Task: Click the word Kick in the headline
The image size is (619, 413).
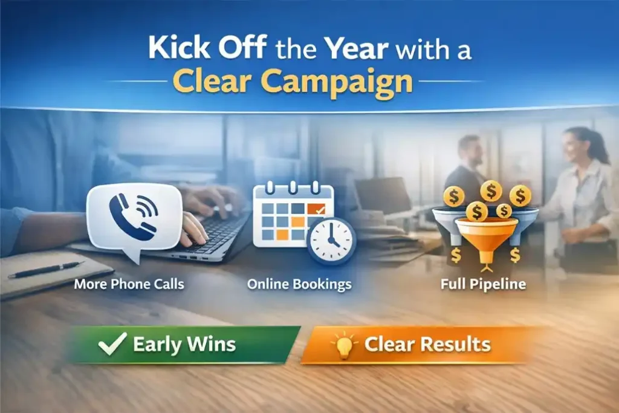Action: pos(180,47)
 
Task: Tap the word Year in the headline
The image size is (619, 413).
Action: pos(357,48)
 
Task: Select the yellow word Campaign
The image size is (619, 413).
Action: pos(337,82)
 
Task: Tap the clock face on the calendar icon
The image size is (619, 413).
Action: pos(331,240)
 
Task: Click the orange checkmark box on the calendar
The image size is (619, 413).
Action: pos(316,209)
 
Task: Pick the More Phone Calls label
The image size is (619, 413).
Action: pos(129,284)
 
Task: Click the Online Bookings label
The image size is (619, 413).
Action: pos(299,284)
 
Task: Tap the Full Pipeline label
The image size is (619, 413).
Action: pos(483,284)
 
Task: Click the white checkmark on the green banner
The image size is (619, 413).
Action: pos(113,343)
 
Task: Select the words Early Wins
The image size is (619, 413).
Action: pos(184,344)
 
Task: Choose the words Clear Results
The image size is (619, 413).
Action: pos(427,344)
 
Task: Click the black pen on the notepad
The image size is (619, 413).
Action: pos(46,270)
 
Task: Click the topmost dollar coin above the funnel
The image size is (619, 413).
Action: pos(491,191)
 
